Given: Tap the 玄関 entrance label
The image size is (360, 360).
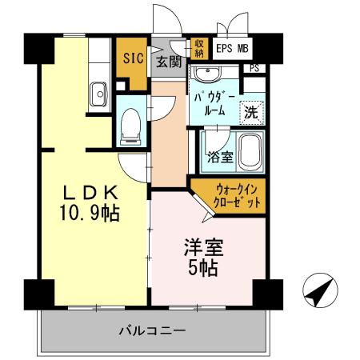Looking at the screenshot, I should (x=167, y=62).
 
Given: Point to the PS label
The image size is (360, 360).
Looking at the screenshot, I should (x=254, y=68).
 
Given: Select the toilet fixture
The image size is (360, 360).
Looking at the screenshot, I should (x=129, y=126).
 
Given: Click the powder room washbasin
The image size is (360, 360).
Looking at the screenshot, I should (x=210, y=75).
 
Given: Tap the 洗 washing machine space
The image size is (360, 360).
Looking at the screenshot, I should (x=251, y=111).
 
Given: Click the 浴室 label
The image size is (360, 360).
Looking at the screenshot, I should (x=220, y=156).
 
